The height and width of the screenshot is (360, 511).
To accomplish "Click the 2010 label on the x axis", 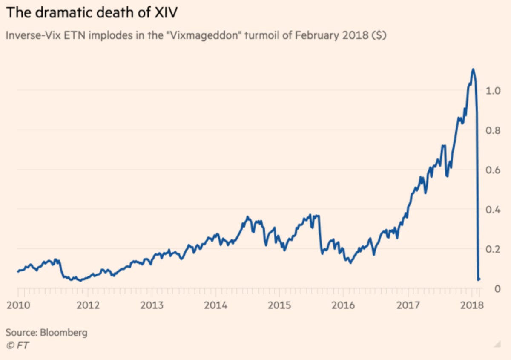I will click(x=18, y=306).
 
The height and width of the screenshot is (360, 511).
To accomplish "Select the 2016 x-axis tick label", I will click(x=343, y=306).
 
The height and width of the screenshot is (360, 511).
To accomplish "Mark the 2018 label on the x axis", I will click(x=472, y=306).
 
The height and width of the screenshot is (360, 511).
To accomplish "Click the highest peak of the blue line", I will click(x=473, y=69).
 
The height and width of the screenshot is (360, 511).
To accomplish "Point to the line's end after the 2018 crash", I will click(x=479, y=279).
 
